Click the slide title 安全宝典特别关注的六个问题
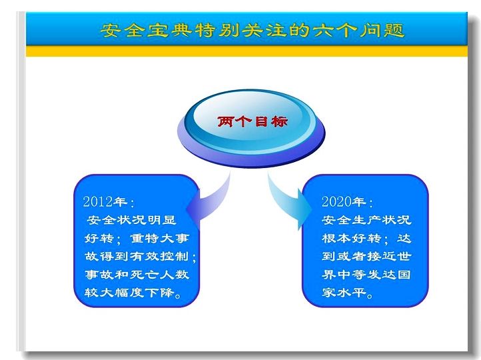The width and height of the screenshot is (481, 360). (x=252, y=31)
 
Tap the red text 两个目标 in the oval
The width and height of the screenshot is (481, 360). (x=252, y=121)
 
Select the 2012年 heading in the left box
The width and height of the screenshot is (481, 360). (x=109, y=201)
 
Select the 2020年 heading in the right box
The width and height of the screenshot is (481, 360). (x=347, y=201)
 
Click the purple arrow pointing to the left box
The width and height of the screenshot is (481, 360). (x=212, y=201)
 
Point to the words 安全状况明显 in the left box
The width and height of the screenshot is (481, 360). (x=131, y=220)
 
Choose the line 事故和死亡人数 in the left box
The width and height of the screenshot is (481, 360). (x=137, y=274)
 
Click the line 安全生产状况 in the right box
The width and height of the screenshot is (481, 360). (x=366, y=220)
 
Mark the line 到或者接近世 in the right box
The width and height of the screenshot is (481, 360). (x=366, y=256)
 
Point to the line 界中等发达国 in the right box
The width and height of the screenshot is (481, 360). (x=366, y=274)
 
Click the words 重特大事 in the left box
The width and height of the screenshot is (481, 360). (x=159, y=238)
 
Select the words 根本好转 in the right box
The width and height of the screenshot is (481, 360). (x=352, y=238)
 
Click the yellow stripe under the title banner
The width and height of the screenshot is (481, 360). (x=246, y=51)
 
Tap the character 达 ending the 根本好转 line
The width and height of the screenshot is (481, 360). (x=404, y=238)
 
